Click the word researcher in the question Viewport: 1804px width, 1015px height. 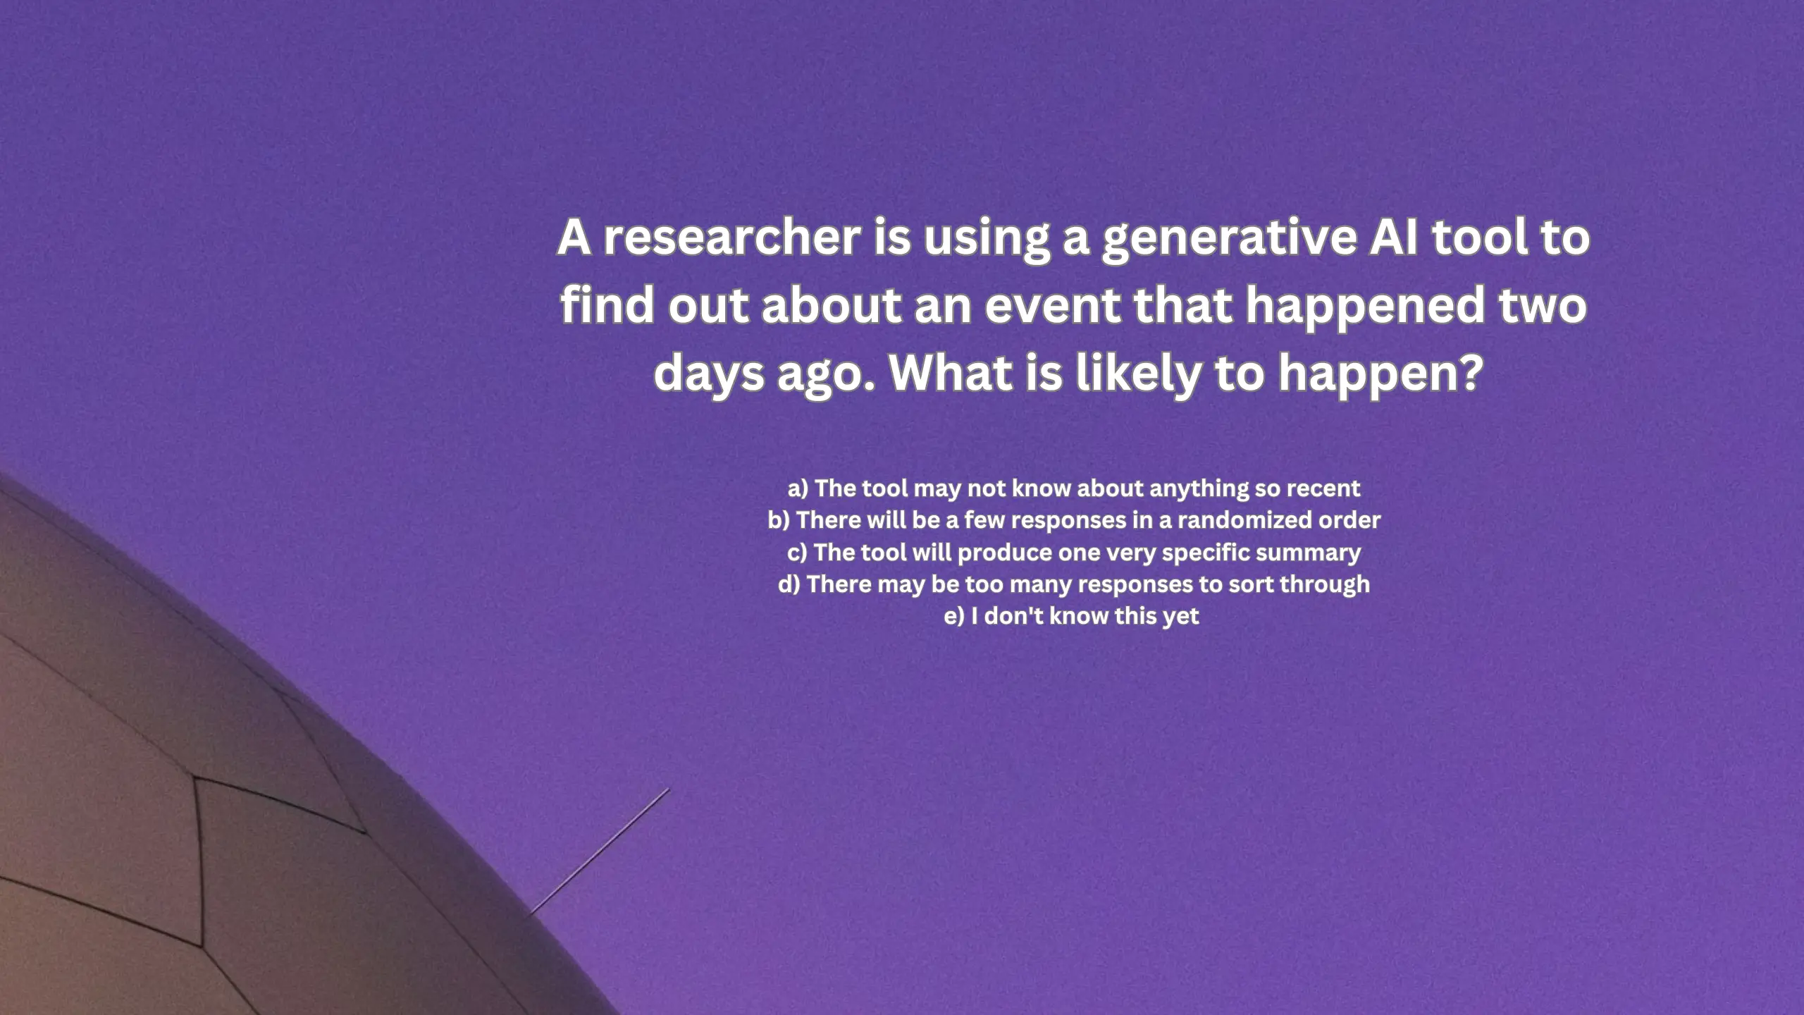click(732, 238)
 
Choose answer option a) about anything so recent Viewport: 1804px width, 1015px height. click(1074, 488)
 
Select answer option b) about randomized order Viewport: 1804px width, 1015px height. click(1074, 520)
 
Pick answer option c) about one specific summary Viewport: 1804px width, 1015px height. click(1074, 553)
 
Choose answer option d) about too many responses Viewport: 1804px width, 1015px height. click(1074, 584)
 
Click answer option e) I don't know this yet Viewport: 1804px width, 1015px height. click(1071, 616)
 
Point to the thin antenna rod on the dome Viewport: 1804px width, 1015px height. click(600, 850)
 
